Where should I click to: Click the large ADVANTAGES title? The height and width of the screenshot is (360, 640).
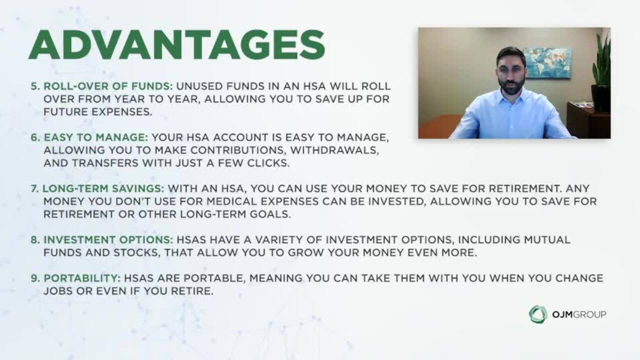coord(177,44)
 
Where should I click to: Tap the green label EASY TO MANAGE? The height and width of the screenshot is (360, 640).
coord(96,137)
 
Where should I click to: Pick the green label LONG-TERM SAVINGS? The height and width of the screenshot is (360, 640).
coord(103,188)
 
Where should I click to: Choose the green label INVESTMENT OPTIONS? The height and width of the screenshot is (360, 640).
coord(108,239)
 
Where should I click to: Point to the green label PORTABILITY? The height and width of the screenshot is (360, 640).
coord(82,278)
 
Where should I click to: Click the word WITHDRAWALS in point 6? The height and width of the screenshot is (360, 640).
coord(334,150)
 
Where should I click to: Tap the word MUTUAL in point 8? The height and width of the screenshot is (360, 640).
coord(547,239)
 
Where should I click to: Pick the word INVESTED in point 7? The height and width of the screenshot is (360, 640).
coord(396,201)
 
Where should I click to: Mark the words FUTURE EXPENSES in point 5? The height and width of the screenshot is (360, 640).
coord(97,112)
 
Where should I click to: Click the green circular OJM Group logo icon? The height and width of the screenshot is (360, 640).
coord(537,314)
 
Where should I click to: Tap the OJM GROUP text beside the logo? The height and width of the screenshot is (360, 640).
coord(579,314)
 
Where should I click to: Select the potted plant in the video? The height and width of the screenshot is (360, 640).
coord(601,71)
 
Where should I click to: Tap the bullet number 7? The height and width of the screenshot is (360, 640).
coord(34,188)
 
